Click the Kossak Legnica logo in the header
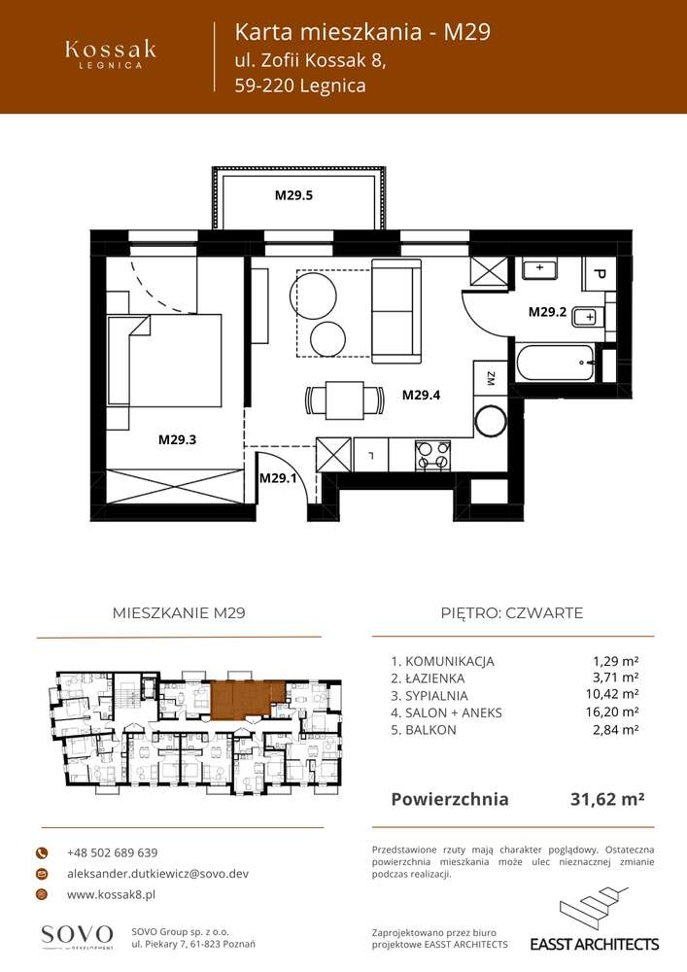click(x=110, y=53)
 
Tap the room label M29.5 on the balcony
click(x=292, y=195)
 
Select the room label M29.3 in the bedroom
click(x=178, y=439)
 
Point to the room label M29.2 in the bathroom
click(x=547, y=312)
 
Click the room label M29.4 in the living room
click(x=422, y=395)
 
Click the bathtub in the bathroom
click(x=557, y=365)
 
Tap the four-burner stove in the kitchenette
click(x=432, y=453)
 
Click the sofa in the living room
click(x=395, y=311)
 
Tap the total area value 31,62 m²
click(x=606, y=799)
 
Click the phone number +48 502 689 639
click(x=112, y=852)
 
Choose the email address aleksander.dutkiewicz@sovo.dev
click(x=157, y=874)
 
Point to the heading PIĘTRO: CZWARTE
click(x=511, y=612)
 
